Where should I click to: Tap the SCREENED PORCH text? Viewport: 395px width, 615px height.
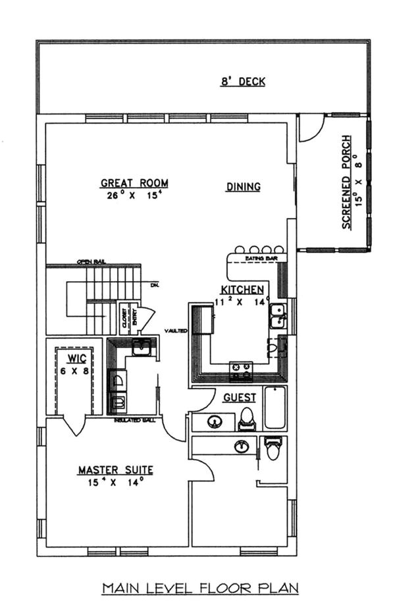click(x=351, y=182)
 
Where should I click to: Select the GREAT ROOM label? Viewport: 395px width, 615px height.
click(x=134, y=183)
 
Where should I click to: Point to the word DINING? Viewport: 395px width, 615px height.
click(x=244, y=187)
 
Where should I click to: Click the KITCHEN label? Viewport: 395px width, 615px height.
click(x=242, y=290)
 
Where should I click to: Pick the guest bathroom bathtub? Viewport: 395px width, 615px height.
click(x=275, y=407)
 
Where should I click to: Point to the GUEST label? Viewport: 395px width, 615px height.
click(x=239, y=398)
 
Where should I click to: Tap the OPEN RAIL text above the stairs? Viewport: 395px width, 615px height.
click(x=90, y=261)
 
